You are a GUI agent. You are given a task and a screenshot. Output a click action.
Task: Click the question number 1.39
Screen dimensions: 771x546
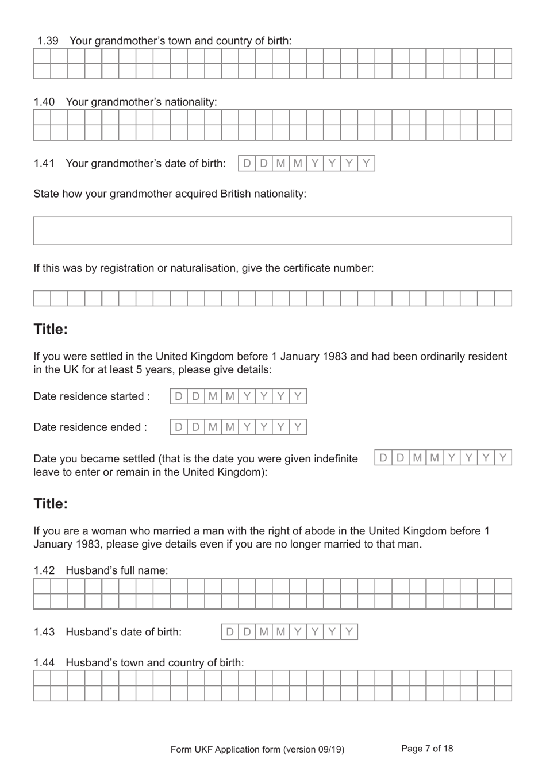point(48,41)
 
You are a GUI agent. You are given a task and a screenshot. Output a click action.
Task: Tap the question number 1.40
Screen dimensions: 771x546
point(44,102)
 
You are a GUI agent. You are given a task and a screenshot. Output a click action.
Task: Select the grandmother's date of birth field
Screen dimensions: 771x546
point(306,163)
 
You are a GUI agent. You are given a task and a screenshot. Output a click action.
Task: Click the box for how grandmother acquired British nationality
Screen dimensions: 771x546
point(272,231)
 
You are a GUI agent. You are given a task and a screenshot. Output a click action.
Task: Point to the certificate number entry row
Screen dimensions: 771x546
point(272,298)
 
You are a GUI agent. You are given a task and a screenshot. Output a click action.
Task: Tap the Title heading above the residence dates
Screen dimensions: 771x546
point(51,329)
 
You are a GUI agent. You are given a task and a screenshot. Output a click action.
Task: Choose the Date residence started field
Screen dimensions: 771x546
point(238,396)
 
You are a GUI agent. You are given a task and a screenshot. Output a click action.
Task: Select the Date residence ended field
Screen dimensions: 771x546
point(238,427)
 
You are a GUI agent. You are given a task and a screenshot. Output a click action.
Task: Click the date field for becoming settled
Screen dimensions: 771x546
point(443,458)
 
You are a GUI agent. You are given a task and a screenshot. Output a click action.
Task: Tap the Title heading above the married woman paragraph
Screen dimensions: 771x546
point(51,504)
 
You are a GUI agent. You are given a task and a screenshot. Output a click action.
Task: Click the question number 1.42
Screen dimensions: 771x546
point(44,570)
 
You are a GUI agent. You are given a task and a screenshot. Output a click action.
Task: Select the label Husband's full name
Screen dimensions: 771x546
point(117,570)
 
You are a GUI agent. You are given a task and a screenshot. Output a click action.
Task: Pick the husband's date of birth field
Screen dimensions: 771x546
point(289,632)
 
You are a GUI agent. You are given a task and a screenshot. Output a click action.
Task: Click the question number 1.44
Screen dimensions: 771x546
point(44,662)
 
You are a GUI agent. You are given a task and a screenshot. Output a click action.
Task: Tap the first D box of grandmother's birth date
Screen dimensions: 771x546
point(247,163)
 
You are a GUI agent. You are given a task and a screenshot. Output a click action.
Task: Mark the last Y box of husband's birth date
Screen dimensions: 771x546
point(349,632)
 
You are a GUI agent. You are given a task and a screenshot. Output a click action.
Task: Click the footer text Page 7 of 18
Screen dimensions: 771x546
point(427,749)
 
